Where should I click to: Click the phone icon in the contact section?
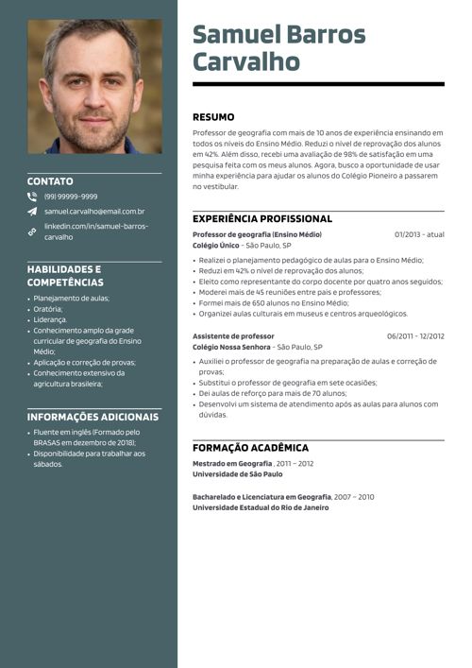tap(32, 197)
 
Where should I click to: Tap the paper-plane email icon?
tap(32, 212)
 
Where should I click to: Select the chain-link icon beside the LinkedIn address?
tap(32, 231)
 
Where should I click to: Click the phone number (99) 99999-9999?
tap(71, 197)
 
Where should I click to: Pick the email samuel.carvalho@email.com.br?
tap(94, 212)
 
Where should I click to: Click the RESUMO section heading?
tap(214, 117)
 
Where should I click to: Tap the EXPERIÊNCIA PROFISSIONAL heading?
tap(262, 218)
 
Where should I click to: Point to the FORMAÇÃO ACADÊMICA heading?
tap(250, 448)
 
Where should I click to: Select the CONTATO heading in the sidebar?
tap(50, 181)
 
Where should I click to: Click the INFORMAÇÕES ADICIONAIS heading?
tap(93, 417)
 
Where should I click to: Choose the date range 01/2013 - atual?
tap(419, 234)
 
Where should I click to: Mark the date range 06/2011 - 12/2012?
tap(415, 336)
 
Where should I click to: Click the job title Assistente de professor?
tap(233, 336)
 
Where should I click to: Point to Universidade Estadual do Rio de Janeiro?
tap(261, 507)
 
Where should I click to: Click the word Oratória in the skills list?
tap(48, 309)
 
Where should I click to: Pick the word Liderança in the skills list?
tap(51, 320)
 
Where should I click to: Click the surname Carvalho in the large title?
tap(246, 62)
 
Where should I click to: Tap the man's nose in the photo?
tap(93, 94)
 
